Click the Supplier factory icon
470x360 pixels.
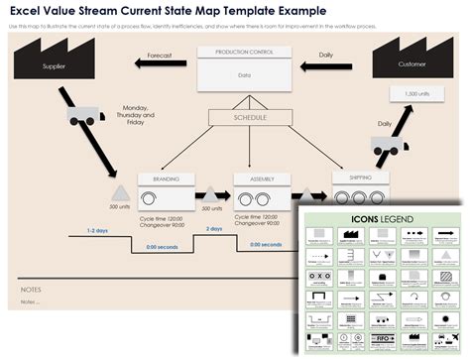54,63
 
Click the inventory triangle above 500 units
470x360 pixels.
119,192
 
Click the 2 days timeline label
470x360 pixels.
214,228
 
